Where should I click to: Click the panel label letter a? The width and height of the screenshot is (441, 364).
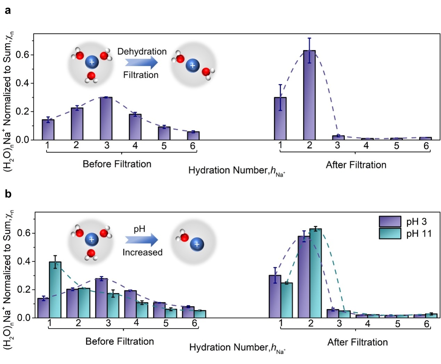[x=8, y=10]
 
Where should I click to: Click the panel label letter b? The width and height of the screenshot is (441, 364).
[x=8, y=194]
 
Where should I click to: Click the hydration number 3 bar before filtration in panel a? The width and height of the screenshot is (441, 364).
[x=106, y=118]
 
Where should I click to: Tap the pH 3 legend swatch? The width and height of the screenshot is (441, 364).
[x=390, y=221]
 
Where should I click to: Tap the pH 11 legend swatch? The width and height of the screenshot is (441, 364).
[x=390, y=234]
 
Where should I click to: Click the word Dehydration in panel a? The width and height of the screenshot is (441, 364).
[x=142, y=52]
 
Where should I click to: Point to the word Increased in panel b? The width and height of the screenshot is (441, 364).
[x=142, y=252]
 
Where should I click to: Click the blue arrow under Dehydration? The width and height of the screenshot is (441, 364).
[x=141, y=63]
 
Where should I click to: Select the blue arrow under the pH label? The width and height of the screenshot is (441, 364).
[x=141, y=240]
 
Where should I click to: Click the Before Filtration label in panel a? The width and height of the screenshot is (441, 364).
[x=117, y=164]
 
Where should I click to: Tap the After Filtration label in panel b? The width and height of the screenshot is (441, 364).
[x=357, y=342]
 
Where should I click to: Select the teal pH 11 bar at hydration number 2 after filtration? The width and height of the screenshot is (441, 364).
[x=316, y=273]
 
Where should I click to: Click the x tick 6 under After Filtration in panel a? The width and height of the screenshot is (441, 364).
[x=426, y=145]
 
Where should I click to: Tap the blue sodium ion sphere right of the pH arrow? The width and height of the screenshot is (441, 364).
[x=197, y=244]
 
